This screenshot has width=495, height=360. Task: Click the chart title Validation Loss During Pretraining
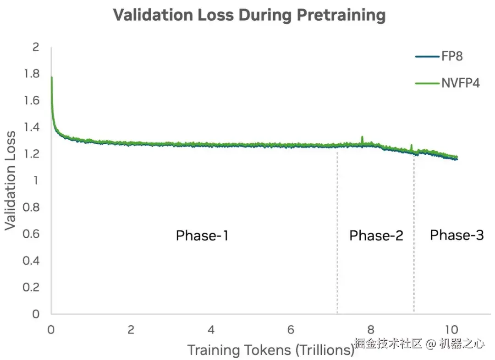[x=249, y=15]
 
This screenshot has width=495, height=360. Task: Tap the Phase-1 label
[x=202, y=236]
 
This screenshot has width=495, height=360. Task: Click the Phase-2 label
[x=376, y=236]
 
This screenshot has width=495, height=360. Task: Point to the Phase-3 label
[x=456, y=235]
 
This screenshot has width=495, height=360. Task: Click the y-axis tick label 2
[x=36, y=47]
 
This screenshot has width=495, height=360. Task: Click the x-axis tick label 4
[x=211, y=330]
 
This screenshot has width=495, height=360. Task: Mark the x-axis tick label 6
[x=291, y=330]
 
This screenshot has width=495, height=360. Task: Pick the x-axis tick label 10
[x=451, y=330]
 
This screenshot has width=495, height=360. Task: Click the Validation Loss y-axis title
[x=11, y=180]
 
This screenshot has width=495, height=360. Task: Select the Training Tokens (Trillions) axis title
[x=270, y=350]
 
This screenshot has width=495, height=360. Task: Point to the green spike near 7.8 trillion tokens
[x=362, y=137]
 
